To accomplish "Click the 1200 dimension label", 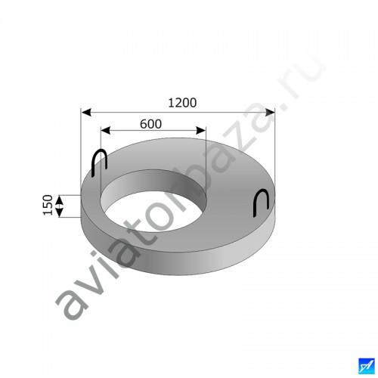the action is click(182, 103).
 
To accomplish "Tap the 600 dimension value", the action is click(150, 124).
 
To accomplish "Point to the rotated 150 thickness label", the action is click(48, 205).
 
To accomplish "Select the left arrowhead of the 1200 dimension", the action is click(86, 112).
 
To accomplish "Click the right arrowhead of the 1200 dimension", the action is click(270, 113).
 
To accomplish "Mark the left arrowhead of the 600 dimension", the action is click(106, 131).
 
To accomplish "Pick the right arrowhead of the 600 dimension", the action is click(201, 131).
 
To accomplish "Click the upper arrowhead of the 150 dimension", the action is click(60, 200).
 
